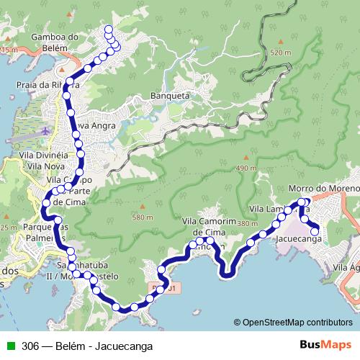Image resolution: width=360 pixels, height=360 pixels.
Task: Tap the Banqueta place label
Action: (169, 95)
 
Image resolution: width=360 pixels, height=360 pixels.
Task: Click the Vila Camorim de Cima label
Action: (210, 227)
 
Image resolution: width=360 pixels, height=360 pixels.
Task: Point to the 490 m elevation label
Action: (246, 168)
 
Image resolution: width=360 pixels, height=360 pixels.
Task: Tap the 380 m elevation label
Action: (247, 223)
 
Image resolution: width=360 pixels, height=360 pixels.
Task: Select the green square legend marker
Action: (10, 346)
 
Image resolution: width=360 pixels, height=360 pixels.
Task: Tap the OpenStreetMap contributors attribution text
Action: (293, 323)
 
